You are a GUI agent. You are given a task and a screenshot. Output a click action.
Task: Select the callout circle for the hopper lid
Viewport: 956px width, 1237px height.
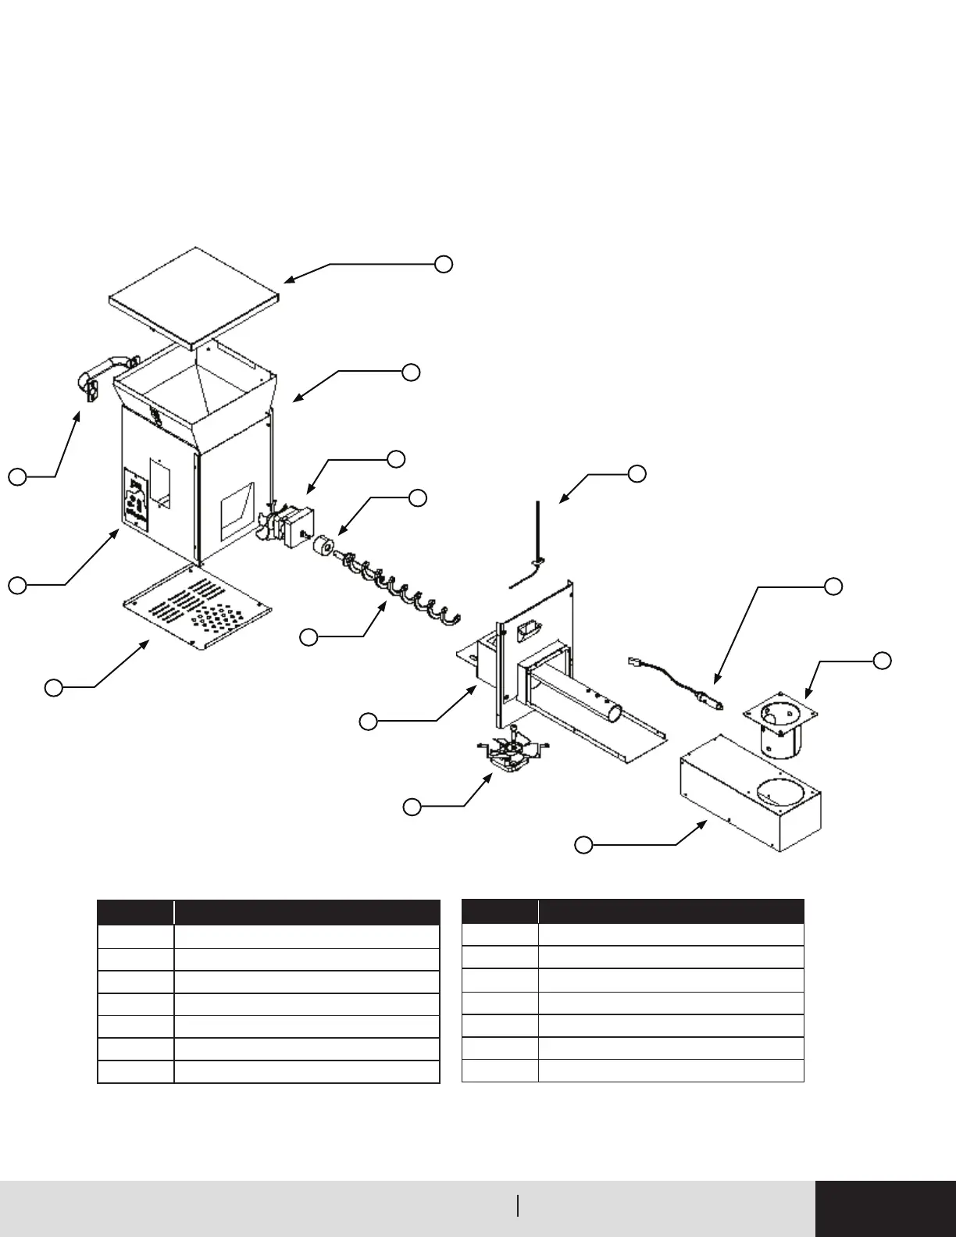tap(444, 264)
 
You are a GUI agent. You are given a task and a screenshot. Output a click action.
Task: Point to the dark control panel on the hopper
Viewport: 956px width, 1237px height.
tap(137, 500)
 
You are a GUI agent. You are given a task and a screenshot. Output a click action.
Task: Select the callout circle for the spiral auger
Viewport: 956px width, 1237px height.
tap(309, 638)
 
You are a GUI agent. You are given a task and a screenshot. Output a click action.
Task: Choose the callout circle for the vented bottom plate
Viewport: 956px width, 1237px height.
tap(53, 687)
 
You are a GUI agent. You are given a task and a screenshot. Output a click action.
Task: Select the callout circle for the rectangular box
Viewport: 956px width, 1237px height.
tap(583, 844)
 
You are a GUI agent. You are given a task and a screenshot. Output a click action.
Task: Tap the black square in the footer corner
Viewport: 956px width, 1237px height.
tap(885, 1208)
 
